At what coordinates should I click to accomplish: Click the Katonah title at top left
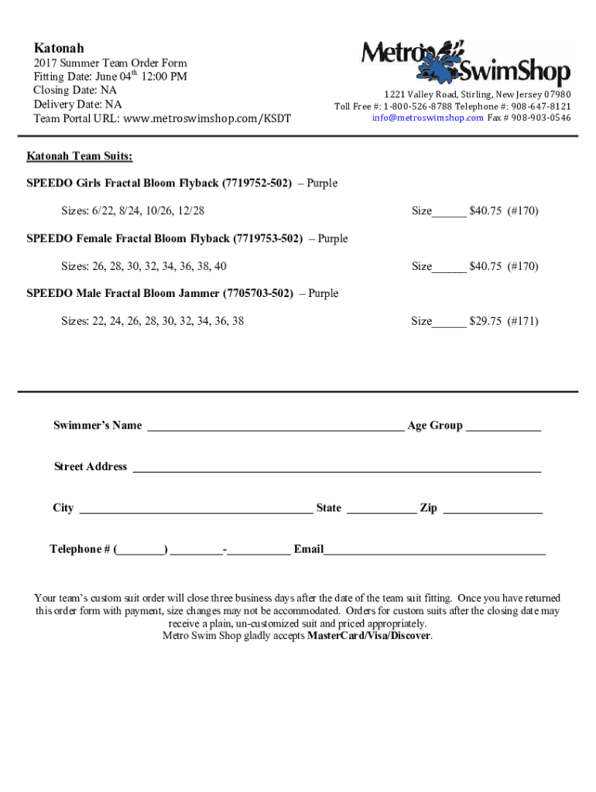click(59, 48)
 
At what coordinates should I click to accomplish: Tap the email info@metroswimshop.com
click(427, 118)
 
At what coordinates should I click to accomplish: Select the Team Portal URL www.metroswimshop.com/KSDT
click(207, 119)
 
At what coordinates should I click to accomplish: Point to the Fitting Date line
click(109, 77)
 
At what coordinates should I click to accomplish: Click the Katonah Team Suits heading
click(79, 157)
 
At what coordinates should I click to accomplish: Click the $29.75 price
click(485, 321)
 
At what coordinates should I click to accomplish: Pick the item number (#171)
click(523, 321)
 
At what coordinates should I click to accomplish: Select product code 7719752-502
click(257, 184)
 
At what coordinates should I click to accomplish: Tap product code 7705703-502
click(259, 294)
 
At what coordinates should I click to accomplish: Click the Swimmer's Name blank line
click(275, 427)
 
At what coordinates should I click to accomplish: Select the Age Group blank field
click(503, 427)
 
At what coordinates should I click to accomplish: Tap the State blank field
click(381, 510)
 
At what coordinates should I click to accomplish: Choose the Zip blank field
click(493, 510)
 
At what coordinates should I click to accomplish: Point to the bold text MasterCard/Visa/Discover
click(369, 637)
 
